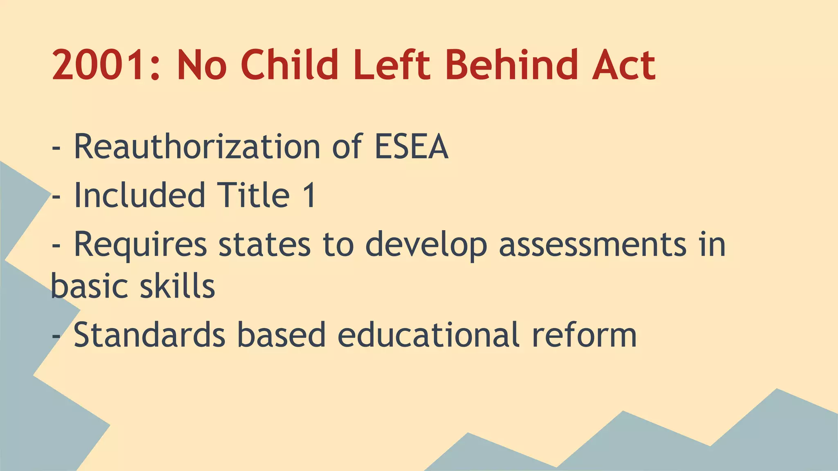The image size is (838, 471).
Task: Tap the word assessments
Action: (592, 244)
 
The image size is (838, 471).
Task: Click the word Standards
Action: (149, 334)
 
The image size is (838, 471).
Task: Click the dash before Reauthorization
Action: (56, 149)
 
